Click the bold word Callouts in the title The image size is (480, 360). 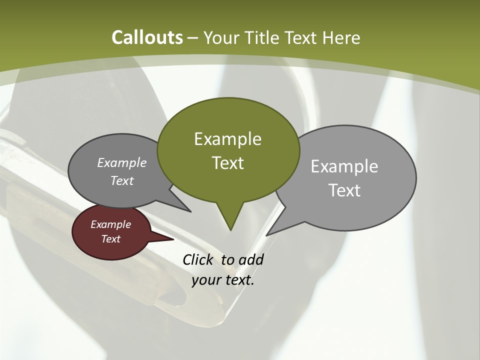147,37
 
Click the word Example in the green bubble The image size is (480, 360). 227,139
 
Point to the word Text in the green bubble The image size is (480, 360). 227,163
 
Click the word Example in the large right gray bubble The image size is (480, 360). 344,166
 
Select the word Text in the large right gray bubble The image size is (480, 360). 344,190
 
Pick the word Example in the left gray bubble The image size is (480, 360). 122,162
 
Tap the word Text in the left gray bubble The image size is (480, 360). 122,180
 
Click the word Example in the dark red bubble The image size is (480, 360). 110,224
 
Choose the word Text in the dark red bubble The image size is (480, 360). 110,239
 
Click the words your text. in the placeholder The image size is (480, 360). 223,280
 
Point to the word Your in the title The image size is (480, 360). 221,37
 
